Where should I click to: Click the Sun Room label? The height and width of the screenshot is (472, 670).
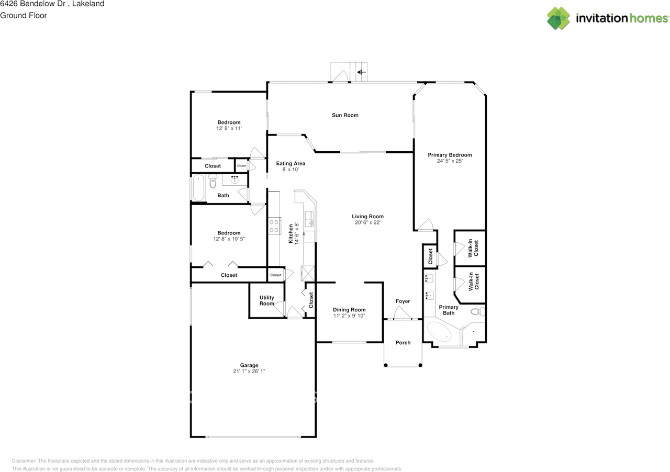[345, 115]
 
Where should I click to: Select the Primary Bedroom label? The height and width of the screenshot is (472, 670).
[450, 155]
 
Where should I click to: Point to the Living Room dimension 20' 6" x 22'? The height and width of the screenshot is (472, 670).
[367, 222]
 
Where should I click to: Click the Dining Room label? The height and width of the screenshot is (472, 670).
[349, 310]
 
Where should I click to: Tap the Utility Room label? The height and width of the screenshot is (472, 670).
[267, 301]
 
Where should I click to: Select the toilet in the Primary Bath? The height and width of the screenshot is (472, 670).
[477, 312]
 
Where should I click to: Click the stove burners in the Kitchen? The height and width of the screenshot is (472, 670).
[273, 226]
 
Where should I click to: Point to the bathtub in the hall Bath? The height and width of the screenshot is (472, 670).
[198, 188]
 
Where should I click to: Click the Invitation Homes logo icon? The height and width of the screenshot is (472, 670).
[559, 18]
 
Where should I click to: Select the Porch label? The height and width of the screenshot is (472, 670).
[403, 343]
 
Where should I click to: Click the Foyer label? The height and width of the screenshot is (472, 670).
[403, 301]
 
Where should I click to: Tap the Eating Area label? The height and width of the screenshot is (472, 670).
[291, 164]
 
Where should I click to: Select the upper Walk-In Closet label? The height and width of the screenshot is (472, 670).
[473, 248]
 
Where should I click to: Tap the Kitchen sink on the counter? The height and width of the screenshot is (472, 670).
[310, 218]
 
